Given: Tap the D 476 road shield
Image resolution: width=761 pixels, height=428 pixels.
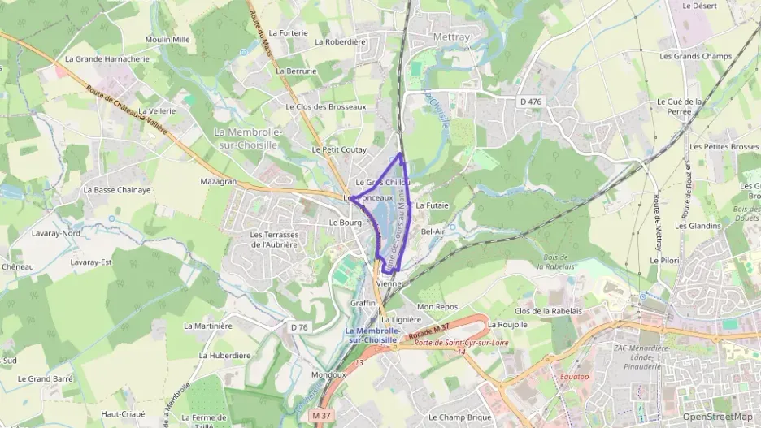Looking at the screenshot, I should tap(530, 102).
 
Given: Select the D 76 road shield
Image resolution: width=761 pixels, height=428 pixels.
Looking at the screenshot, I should tap(299, 327).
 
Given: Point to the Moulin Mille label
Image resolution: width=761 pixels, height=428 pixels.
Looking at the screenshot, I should tap(167, 39).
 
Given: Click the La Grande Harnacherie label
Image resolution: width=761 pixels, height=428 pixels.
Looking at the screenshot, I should tap(107, 58).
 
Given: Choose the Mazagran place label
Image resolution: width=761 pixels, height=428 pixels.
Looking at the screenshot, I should tap(218, 181).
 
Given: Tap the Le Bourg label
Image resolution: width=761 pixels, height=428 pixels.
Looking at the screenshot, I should tap(345, 222).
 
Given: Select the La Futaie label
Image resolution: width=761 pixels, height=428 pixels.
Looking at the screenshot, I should tap(433, 205).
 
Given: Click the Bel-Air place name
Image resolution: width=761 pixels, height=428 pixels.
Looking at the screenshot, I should tap(433, 231).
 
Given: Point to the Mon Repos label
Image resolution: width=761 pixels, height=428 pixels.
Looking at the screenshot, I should tap(437, 307).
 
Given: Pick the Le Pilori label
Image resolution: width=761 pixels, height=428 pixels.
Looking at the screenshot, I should tap(663, 260).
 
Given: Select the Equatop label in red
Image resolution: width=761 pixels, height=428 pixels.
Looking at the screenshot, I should tap(573, 377).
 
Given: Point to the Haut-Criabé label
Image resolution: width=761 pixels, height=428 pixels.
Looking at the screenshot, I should tap(122, 413).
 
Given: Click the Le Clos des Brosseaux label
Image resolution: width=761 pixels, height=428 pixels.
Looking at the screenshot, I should tap(326, 106).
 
